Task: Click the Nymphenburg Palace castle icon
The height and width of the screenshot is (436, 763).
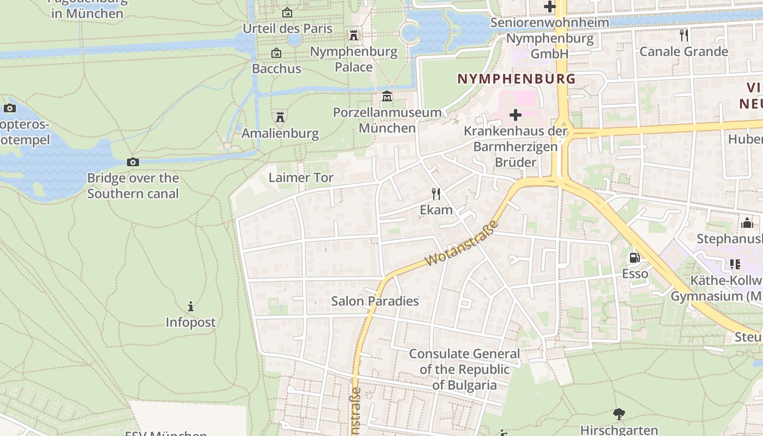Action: (x=354, y=35)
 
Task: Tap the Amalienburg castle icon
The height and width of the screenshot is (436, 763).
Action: (x=280, y=117)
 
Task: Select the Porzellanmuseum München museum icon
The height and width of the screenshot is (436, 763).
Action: (x=387, y=96)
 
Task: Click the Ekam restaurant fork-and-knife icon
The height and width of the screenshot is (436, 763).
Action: (x=436, y=193)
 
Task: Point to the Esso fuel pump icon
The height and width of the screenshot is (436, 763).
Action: (x=634, y=257)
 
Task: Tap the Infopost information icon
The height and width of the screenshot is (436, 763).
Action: (x=191, y=306)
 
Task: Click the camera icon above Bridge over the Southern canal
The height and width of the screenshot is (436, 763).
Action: (x=132, y=162)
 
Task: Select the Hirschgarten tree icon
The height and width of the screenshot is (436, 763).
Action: (x=619, y=414)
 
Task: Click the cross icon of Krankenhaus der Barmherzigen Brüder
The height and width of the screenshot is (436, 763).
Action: (x=515, y=115)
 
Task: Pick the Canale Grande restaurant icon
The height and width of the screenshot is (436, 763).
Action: (x=684, y=35)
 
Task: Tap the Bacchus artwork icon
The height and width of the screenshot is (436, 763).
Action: (x=276, y=53)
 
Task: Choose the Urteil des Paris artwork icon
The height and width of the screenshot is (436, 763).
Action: (x=287, y=13)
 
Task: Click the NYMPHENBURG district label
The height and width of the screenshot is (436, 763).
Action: (x=516, y=78)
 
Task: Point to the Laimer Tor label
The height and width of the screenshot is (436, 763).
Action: (x=301, y=178)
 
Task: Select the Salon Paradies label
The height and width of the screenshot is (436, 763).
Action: (x=375, y=301)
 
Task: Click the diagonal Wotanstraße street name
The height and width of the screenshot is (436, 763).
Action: (x=462, y=244)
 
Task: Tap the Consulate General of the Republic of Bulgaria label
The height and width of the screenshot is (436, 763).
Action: (x=464, y=370)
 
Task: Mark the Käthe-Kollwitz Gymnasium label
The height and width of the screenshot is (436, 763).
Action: (x=716, y=288)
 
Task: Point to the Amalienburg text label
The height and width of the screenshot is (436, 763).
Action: (x=280, y=134)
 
